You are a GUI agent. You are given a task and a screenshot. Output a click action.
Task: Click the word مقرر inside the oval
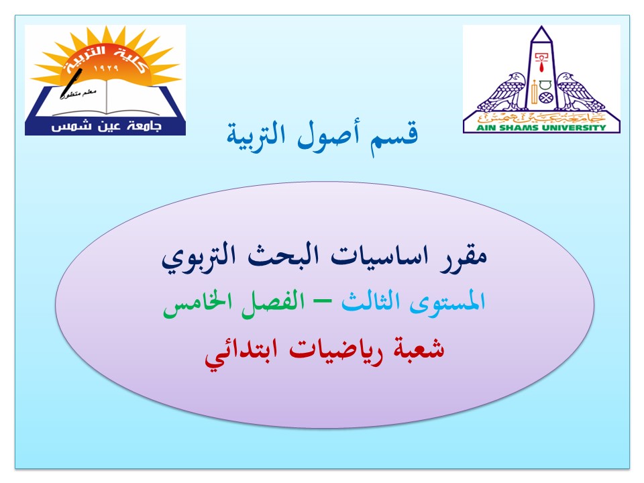463,257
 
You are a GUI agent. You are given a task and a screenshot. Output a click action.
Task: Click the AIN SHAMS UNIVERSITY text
541,127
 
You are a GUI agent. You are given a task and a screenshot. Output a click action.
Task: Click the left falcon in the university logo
502,93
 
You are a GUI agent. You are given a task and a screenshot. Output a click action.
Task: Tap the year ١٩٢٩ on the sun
106,68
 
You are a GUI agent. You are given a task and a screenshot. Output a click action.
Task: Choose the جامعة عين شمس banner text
107,126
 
